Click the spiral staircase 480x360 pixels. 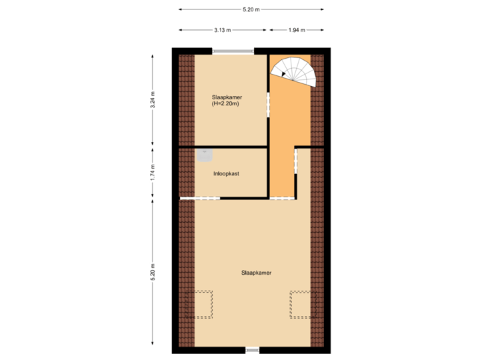pyautogui.click(x=294, y=70)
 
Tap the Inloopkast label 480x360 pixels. pyautogui.click(x=226, y=173)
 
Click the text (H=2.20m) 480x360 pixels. pyautogui.click(x=225, y=104)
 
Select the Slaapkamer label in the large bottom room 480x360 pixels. pyautogui.click(x=256, y=273)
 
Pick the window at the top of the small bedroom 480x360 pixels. pyautogui.click(x=233, y=51)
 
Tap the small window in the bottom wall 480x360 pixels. pyautogui.click(x=253, y=349)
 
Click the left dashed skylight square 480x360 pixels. pyautogui.click(x=199, y=303)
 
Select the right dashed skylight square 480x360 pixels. pyautogui.click(x=301, y=303)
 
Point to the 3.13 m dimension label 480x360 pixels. pyautogui.click(x=222, y=30)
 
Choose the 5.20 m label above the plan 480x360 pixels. pyautogui.click(x=251, y=9)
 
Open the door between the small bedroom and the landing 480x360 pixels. pyautogui.click(x=269, y=105)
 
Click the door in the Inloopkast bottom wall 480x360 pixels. pyautogui.click(x=200, y=198)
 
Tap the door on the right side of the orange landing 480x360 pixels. pyautogui.click(x=295, y=163)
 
